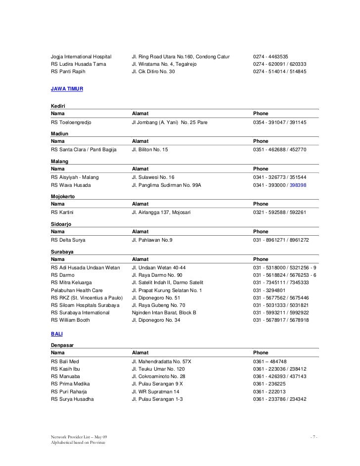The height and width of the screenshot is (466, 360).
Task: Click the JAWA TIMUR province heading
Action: pyautogui.click(x=67, y=89)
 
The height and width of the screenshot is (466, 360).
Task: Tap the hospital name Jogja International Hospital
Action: pyautogui.click(x=82, y=56)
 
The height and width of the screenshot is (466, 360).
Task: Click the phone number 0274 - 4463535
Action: pyautogui.click(x=270, y=56)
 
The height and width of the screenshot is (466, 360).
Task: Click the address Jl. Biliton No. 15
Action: pyautogui.click(x=150, y=149)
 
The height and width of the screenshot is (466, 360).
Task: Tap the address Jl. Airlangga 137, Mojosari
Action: pyautogui.click(x=161, y=212)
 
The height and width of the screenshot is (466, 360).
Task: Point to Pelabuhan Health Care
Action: pyautogui.click(x=77, y=290)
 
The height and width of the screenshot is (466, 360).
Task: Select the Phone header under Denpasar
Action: pyautogui.click(x=261, y=353)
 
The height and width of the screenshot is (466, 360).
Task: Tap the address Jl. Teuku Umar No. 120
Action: pyautogui.click(x=158, y=369)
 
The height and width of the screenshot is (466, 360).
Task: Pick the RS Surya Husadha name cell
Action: pyautogui.click(x=72, y=399)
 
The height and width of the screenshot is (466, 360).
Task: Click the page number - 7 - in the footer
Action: pyautogui.click(x=314, y=437)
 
